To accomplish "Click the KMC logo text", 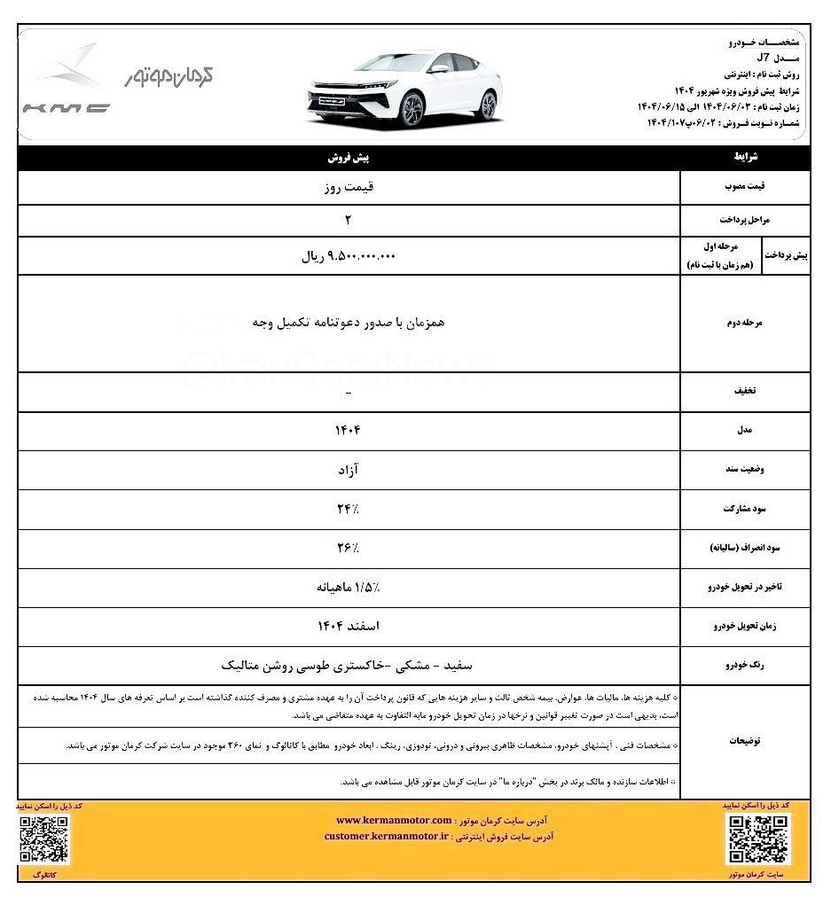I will click(x=67, y=109).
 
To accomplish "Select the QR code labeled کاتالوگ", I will click(x=43, y=839).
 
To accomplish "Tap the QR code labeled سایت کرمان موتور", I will click(x=758, y=839).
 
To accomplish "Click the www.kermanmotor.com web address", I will click(x=394, y=820).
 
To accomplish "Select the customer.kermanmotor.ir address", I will click(x=387, y=836).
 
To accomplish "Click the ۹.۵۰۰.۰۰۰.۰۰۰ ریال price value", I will click(x=349, y=256).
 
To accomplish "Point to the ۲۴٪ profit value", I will click(x=349, y=509).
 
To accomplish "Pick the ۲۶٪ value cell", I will click(x=349, y=549).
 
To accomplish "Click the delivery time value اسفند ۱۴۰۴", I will click(x=349, y=626).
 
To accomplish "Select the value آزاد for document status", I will click(x=349, y=470).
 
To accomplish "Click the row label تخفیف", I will click(x=743, y=391).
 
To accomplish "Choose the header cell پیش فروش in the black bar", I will click(x=349, y=158).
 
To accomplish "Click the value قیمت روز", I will click(x=349, y=188).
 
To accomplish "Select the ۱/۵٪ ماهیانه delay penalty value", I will click(x=349, y=587).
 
